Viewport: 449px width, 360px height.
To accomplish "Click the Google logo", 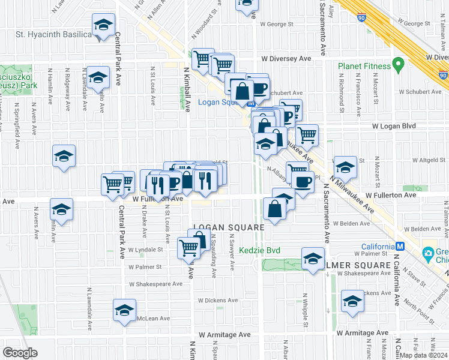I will click(20, 353).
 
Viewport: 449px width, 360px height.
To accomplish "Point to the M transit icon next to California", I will click(399, 247).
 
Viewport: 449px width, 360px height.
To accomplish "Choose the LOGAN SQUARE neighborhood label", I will click(228, 228).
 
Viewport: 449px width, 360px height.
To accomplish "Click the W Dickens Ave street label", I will click(217, 300).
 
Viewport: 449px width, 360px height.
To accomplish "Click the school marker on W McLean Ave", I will click(124, 311).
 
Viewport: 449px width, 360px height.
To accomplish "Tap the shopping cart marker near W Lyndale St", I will click(189, 247).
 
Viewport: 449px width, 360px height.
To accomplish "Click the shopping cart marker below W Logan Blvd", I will click(307, 135).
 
